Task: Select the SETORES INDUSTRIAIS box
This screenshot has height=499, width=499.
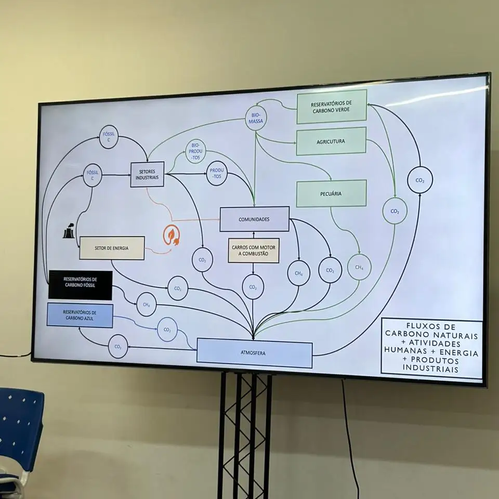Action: [x=147, y=174]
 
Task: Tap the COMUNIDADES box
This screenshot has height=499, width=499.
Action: [x=254, y=219]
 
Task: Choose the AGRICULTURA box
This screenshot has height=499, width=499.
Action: [x=331, y=141]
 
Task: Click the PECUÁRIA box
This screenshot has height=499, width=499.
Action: [x=331, y=193]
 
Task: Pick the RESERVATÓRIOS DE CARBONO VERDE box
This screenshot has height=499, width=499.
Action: [x=332, y=107]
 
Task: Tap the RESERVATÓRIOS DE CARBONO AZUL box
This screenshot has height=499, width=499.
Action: [x=80, y=316]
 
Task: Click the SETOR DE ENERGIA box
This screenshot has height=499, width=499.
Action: [x=111, y=248]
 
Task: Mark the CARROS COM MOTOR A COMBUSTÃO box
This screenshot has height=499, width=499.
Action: [x=254, y=250]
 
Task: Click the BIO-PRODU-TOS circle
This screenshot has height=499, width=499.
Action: [x=195, y=151]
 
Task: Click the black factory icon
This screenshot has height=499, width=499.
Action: [x=68, y=232]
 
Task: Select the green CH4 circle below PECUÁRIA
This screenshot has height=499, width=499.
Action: [x=359, y=267]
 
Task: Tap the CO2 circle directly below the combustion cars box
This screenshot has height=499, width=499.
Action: [x=253, y=287]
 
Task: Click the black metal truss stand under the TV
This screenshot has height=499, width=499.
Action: [x=245, y=431]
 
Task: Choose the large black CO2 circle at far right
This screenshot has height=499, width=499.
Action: [x=420, y=180]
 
